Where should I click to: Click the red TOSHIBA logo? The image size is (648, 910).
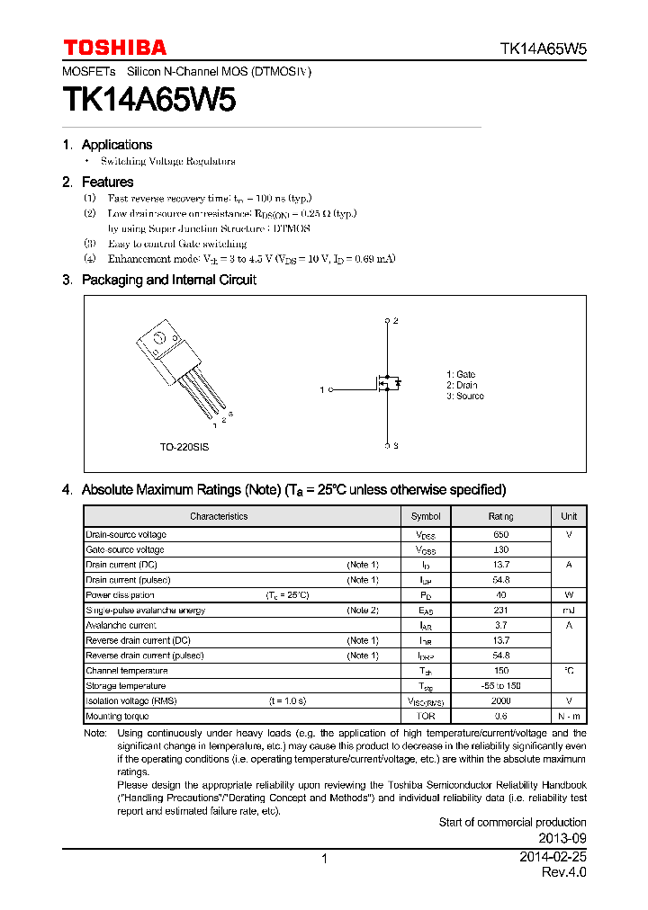click(x=114, y=48)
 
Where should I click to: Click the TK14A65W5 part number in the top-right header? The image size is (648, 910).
click(x=543, y=49)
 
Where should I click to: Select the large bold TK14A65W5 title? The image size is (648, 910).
click(x=149, y=100)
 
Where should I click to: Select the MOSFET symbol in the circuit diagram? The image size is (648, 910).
click(x=387, y=384)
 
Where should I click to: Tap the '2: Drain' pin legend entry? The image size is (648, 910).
click(x=461, y=385)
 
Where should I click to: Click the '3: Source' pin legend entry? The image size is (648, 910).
click(x=464, y=396)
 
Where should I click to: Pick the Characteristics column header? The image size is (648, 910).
click(x=219, y=516)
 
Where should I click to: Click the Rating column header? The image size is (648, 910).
click(x=500, y=516)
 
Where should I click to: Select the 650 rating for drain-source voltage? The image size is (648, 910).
click(x=500, y=534)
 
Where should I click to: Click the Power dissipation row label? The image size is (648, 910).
click(x=120, y=595)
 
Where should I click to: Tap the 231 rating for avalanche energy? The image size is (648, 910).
click(x=500, y=611)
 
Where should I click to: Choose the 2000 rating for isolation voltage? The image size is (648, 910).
click(x=500, y=700)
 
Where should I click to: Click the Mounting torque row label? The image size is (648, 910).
click(x=117, y=717)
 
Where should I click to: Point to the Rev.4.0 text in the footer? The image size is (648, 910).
click(x=563, y=873)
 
